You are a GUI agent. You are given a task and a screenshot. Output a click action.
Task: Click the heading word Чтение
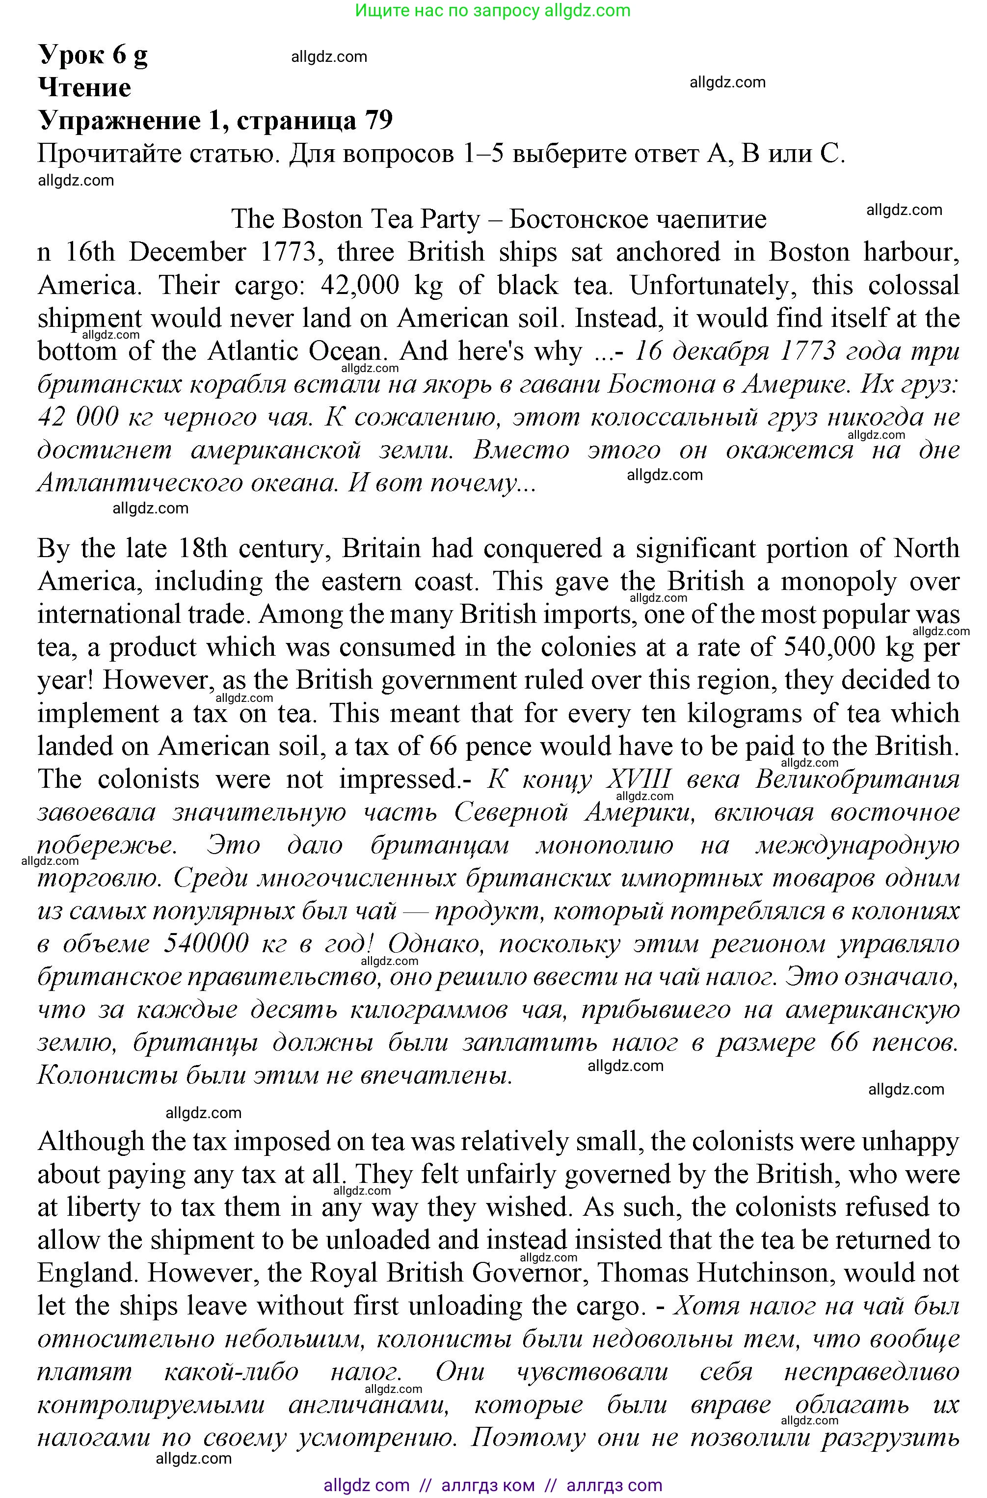[85, 87]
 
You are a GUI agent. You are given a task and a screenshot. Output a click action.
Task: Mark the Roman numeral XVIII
[639, 779]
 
